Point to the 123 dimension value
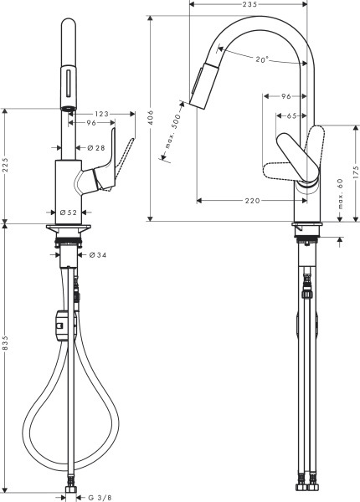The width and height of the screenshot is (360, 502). tap(103, 112)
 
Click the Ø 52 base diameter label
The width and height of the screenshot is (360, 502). tap(69, 213)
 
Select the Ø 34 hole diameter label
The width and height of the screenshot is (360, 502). tap(97, 254)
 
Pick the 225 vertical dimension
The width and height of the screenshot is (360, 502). tap(7, 165)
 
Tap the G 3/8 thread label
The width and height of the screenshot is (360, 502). tap(98, 496)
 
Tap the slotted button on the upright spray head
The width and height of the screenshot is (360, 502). tap(67, 84)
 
